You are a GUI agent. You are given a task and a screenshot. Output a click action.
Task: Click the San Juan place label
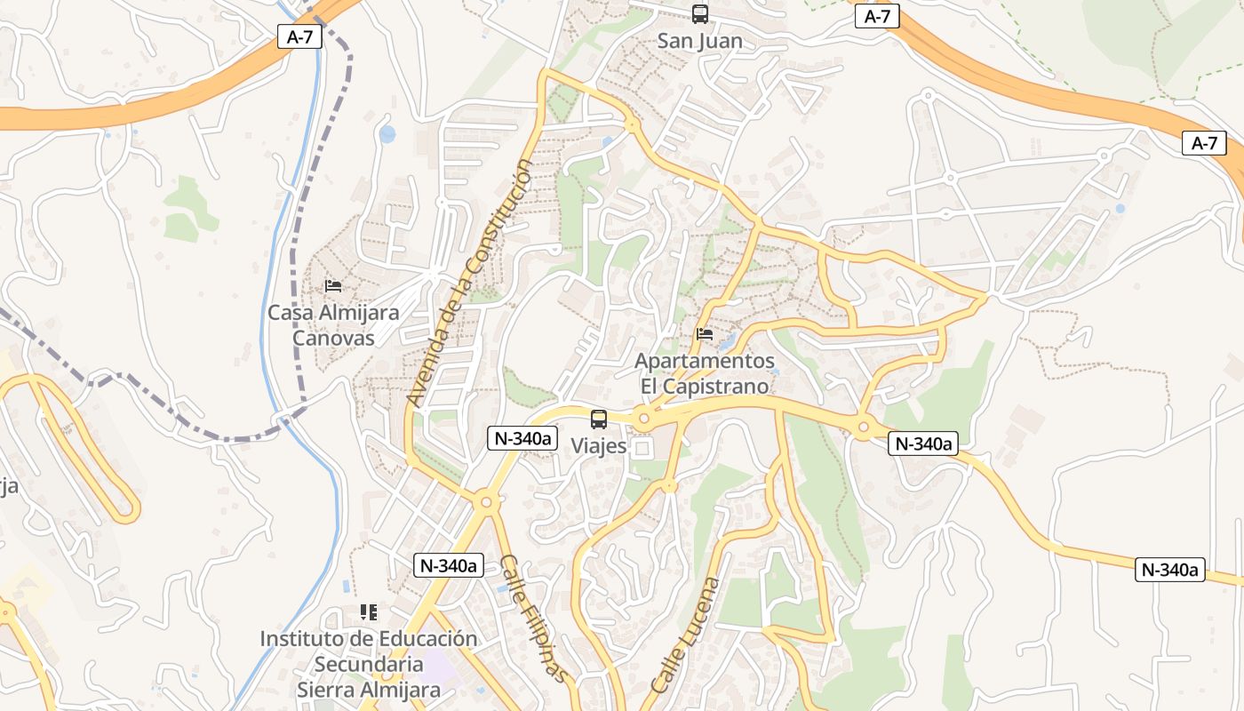699,41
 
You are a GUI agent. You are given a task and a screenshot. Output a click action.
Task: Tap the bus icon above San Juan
700,14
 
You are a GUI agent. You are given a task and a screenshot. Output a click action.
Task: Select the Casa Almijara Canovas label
333,325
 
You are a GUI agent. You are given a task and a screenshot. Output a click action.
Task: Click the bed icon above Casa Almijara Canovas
333,285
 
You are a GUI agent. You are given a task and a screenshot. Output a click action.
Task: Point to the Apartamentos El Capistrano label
705,374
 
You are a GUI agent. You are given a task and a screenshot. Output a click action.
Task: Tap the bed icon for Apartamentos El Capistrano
705,334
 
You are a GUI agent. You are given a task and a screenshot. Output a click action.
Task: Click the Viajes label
599,446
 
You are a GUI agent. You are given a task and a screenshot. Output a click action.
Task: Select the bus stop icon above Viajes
599,419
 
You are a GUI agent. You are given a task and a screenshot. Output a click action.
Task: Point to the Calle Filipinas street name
533,619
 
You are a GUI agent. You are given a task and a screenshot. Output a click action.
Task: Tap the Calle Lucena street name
684,635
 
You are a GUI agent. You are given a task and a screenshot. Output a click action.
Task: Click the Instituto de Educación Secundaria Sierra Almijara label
369,664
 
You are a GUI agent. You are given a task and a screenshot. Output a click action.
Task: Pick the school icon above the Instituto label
369,611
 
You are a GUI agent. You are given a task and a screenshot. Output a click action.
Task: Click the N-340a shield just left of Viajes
522,437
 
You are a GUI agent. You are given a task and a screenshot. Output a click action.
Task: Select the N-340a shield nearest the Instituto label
448,564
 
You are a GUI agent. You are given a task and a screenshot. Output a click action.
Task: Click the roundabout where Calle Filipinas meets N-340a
486,503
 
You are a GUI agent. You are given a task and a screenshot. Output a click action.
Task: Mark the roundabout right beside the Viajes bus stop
645,418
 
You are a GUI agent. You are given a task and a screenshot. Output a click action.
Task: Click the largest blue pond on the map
387,134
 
